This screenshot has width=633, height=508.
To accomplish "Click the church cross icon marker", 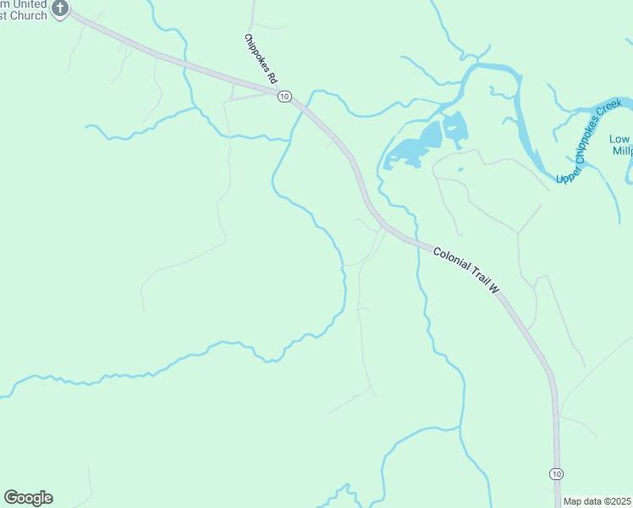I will tap(60, 8).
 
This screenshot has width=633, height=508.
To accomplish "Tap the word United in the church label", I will tap(26, 4).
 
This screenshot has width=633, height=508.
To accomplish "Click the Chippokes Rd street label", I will tap(261, 58).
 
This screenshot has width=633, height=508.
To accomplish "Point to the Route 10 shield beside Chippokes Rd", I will tap(284, 97).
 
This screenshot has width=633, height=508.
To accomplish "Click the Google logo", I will tap(28, 498).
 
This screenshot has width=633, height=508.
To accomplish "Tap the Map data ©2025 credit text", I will tap(597, 501).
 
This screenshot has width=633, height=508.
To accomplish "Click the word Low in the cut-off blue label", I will tap(620, 139).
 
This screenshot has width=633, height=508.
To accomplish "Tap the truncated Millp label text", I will tap(623, 151).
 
